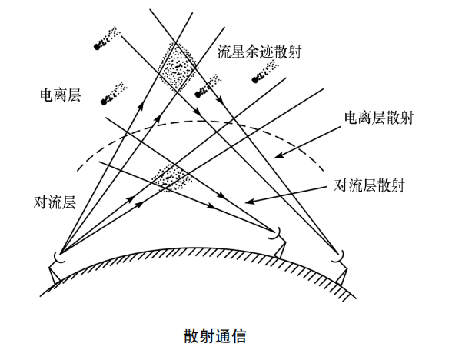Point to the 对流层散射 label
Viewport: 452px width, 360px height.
[x=371, y=185]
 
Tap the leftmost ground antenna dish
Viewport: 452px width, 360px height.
[x=57, y=257]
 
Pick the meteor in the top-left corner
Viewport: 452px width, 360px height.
[x=105, y=39]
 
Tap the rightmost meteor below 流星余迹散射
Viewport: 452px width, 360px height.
[x=267, y=70]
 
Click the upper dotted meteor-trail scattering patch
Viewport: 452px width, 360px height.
[x=178, y=65]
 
